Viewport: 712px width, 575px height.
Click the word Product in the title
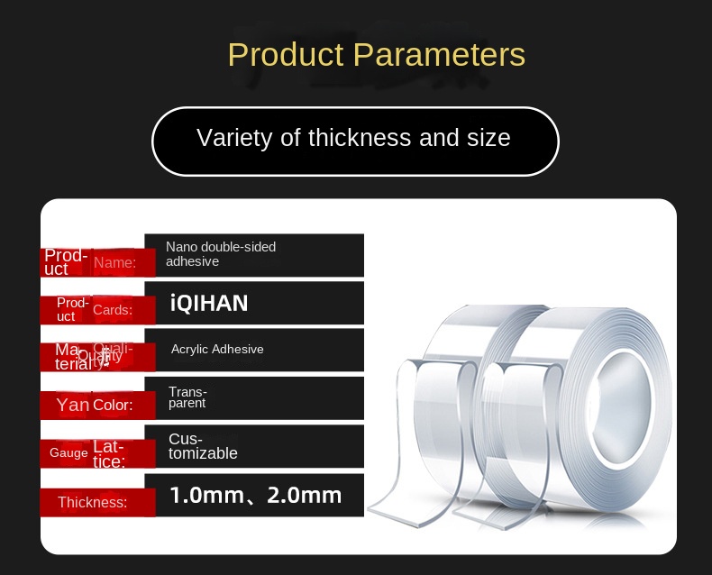(286, 55)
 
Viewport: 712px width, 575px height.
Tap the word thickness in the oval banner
(359, 138)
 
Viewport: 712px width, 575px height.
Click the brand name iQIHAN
(208, 303)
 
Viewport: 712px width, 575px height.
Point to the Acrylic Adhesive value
(217, 349)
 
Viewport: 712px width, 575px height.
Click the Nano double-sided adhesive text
(221, 254)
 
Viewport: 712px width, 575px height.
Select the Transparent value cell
(187, 397)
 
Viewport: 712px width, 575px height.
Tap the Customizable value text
(203, 446)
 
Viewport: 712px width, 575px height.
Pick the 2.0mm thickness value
(305, 495)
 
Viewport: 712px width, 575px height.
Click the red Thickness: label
(92, 502)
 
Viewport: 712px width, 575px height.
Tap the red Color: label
(113, 406)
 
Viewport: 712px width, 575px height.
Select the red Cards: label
(113, 310)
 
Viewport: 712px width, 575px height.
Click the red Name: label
(114, 263)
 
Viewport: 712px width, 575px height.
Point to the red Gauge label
(68, 453)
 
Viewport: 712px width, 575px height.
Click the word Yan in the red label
(73, 406)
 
